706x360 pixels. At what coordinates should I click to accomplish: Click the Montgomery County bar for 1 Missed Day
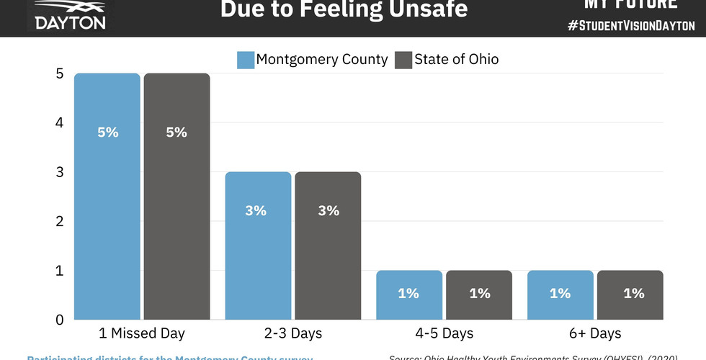[x=107, y=196]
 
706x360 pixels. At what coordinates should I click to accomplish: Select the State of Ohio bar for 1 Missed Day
[x=176, y=196]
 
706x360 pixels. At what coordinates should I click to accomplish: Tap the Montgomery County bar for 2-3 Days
[x=257, y=245]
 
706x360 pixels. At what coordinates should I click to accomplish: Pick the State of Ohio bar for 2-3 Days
[x=327, y=245]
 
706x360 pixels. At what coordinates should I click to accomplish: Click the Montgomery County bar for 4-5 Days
[x=408, y=294]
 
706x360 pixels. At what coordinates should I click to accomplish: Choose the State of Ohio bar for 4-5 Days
[x=478, y=294]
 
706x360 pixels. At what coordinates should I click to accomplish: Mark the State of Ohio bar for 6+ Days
[x=630, y=294]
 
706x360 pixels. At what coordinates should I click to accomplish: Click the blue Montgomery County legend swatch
[x=245, y=60]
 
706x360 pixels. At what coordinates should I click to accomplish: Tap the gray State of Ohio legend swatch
[x=403, y=60]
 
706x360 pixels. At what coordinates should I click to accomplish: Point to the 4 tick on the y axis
[x=59, y=123]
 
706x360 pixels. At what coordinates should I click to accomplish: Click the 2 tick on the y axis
[x=59, y=221]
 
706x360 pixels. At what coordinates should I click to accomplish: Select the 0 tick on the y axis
[x=59, y=320]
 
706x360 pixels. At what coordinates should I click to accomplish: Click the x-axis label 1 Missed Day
[x=142, y=333]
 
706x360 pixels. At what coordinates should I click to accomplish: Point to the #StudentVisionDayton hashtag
[x=631, y=25]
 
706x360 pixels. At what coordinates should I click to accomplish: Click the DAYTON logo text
[x=71, y=22]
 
